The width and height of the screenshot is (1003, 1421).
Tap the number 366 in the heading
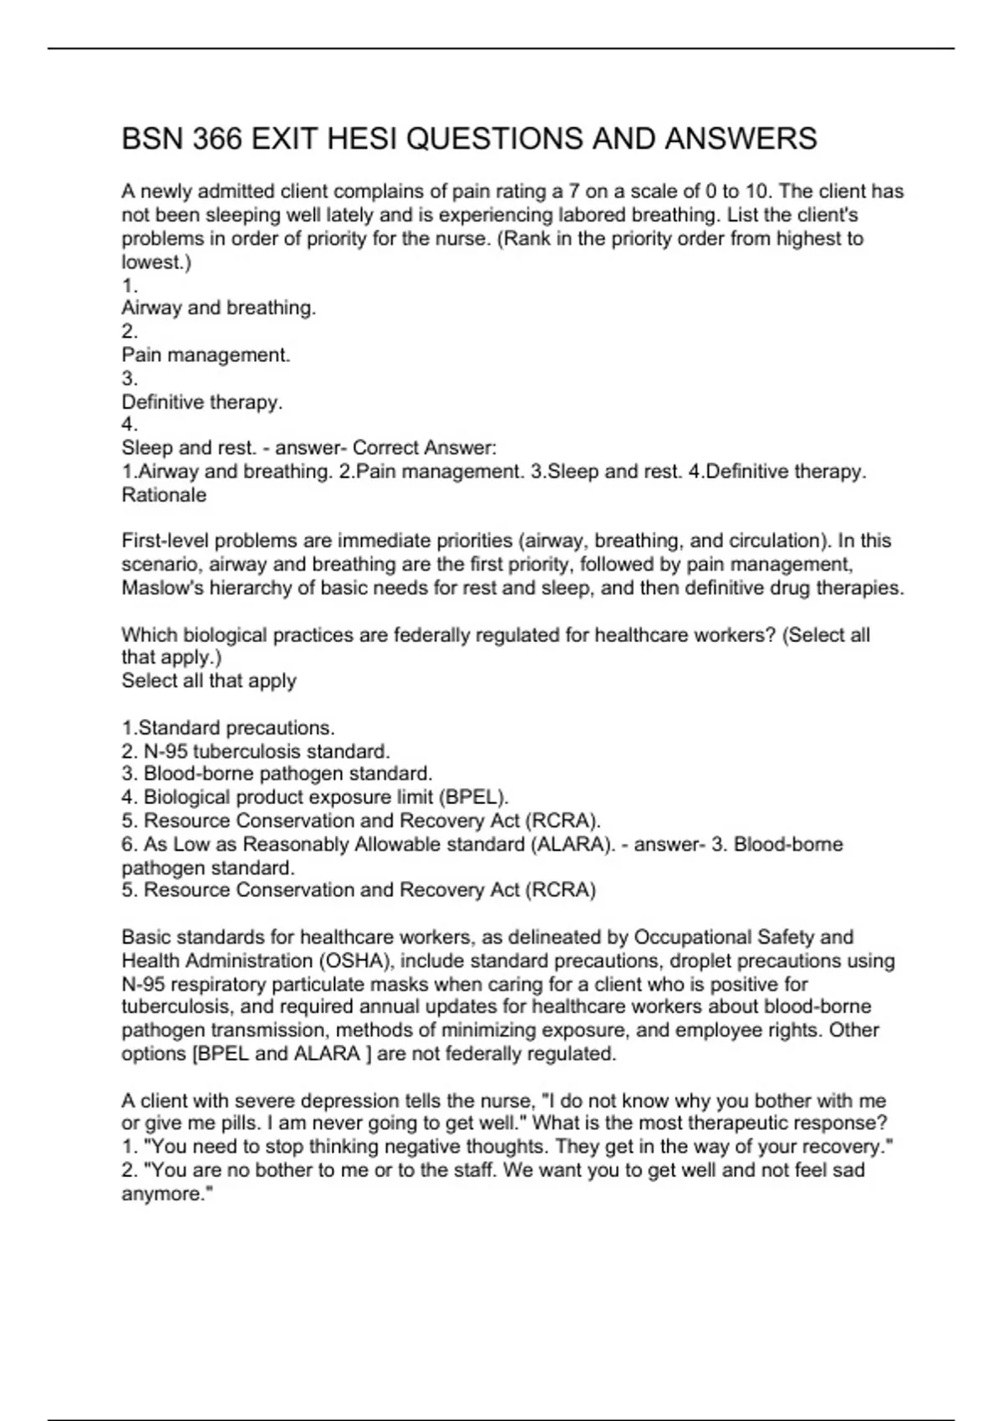pyautogui.click(x=217, y=139)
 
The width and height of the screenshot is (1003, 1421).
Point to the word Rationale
pyautogui.click(x=164, y=495)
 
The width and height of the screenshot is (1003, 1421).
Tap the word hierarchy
pyautogui.click(x=249, y=588)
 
